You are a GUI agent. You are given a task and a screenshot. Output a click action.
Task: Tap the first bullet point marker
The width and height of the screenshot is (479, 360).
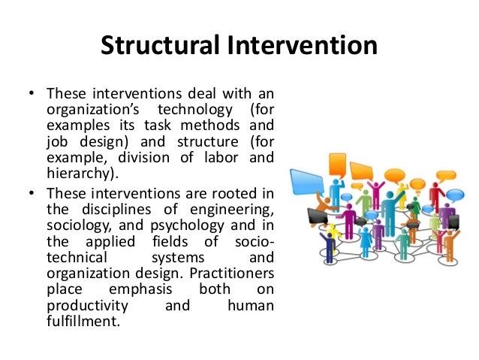[x=31, y=95]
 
